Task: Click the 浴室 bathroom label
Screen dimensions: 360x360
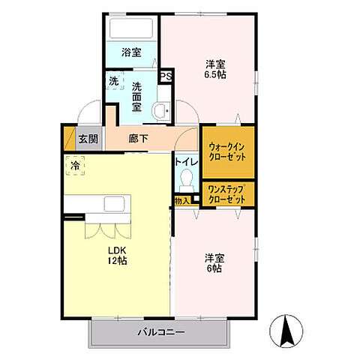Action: click(131, 53)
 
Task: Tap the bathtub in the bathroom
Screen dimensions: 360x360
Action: click(132, 29)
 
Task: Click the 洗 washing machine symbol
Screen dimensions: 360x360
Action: click(113, 82)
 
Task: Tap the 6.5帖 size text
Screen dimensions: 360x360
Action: click(217, 76)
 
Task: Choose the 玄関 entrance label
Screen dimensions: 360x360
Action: click(88, 139)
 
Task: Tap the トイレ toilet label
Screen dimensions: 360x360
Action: click(186, 161)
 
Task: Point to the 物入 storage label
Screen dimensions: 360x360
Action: click(182, 201)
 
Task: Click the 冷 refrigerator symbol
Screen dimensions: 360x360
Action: click(76, 165)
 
